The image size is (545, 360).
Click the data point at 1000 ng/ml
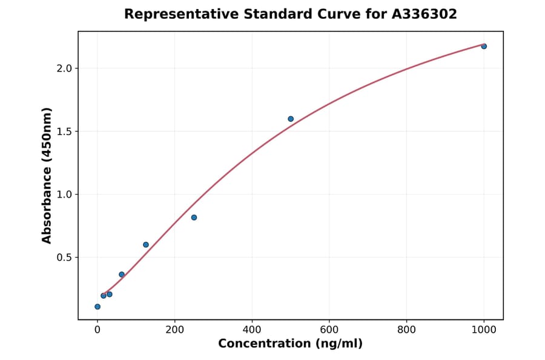(484, 46)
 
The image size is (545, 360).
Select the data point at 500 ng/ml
(291, 119)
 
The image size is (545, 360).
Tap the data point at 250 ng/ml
(194, 218)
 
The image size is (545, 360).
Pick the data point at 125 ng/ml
(146, 245)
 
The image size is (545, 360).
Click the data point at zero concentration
(97, 307)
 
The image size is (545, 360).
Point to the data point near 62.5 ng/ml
(122, 275)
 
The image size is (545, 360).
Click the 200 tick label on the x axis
(174, 330)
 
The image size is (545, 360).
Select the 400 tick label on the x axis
(252, 330)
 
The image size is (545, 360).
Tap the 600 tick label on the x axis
(329, 330)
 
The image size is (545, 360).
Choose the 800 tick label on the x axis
(406, 330)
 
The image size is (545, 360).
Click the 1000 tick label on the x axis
(484, 330)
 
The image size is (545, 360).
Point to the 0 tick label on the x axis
(97, 330)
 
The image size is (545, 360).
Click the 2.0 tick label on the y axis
(65, 68)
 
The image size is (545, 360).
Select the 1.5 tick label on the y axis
(65, 132)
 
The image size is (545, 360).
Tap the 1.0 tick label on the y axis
(65, 195)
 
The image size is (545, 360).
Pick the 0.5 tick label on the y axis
(65, 258)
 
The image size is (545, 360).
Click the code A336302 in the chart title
(424, 14)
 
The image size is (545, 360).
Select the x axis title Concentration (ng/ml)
(290, 344)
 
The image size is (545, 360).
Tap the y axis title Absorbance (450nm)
(47, 175)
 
